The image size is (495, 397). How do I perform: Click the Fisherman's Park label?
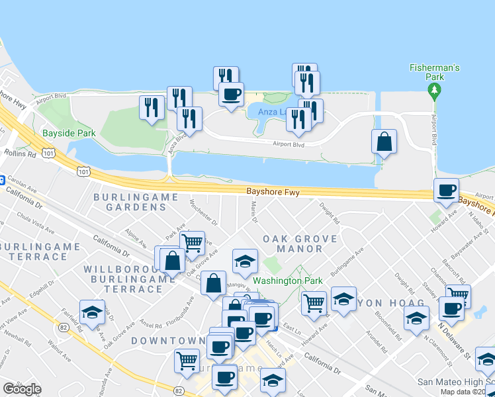click(434, 72)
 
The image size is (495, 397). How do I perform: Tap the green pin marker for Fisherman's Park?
click(434, 92)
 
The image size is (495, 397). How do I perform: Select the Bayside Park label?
click(69, 133)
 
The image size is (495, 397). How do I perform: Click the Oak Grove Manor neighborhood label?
click(300, 243)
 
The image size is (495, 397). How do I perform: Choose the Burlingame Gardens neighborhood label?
click(136, 202)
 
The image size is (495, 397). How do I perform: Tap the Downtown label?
click(167, 340)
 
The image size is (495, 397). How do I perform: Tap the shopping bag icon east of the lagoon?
click(384, 142)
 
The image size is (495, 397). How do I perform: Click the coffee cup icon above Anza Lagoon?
click(231, 95)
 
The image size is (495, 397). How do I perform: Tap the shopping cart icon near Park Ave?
click(191, 243)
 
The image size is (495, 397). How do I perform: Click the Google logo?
click(22, 389)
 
